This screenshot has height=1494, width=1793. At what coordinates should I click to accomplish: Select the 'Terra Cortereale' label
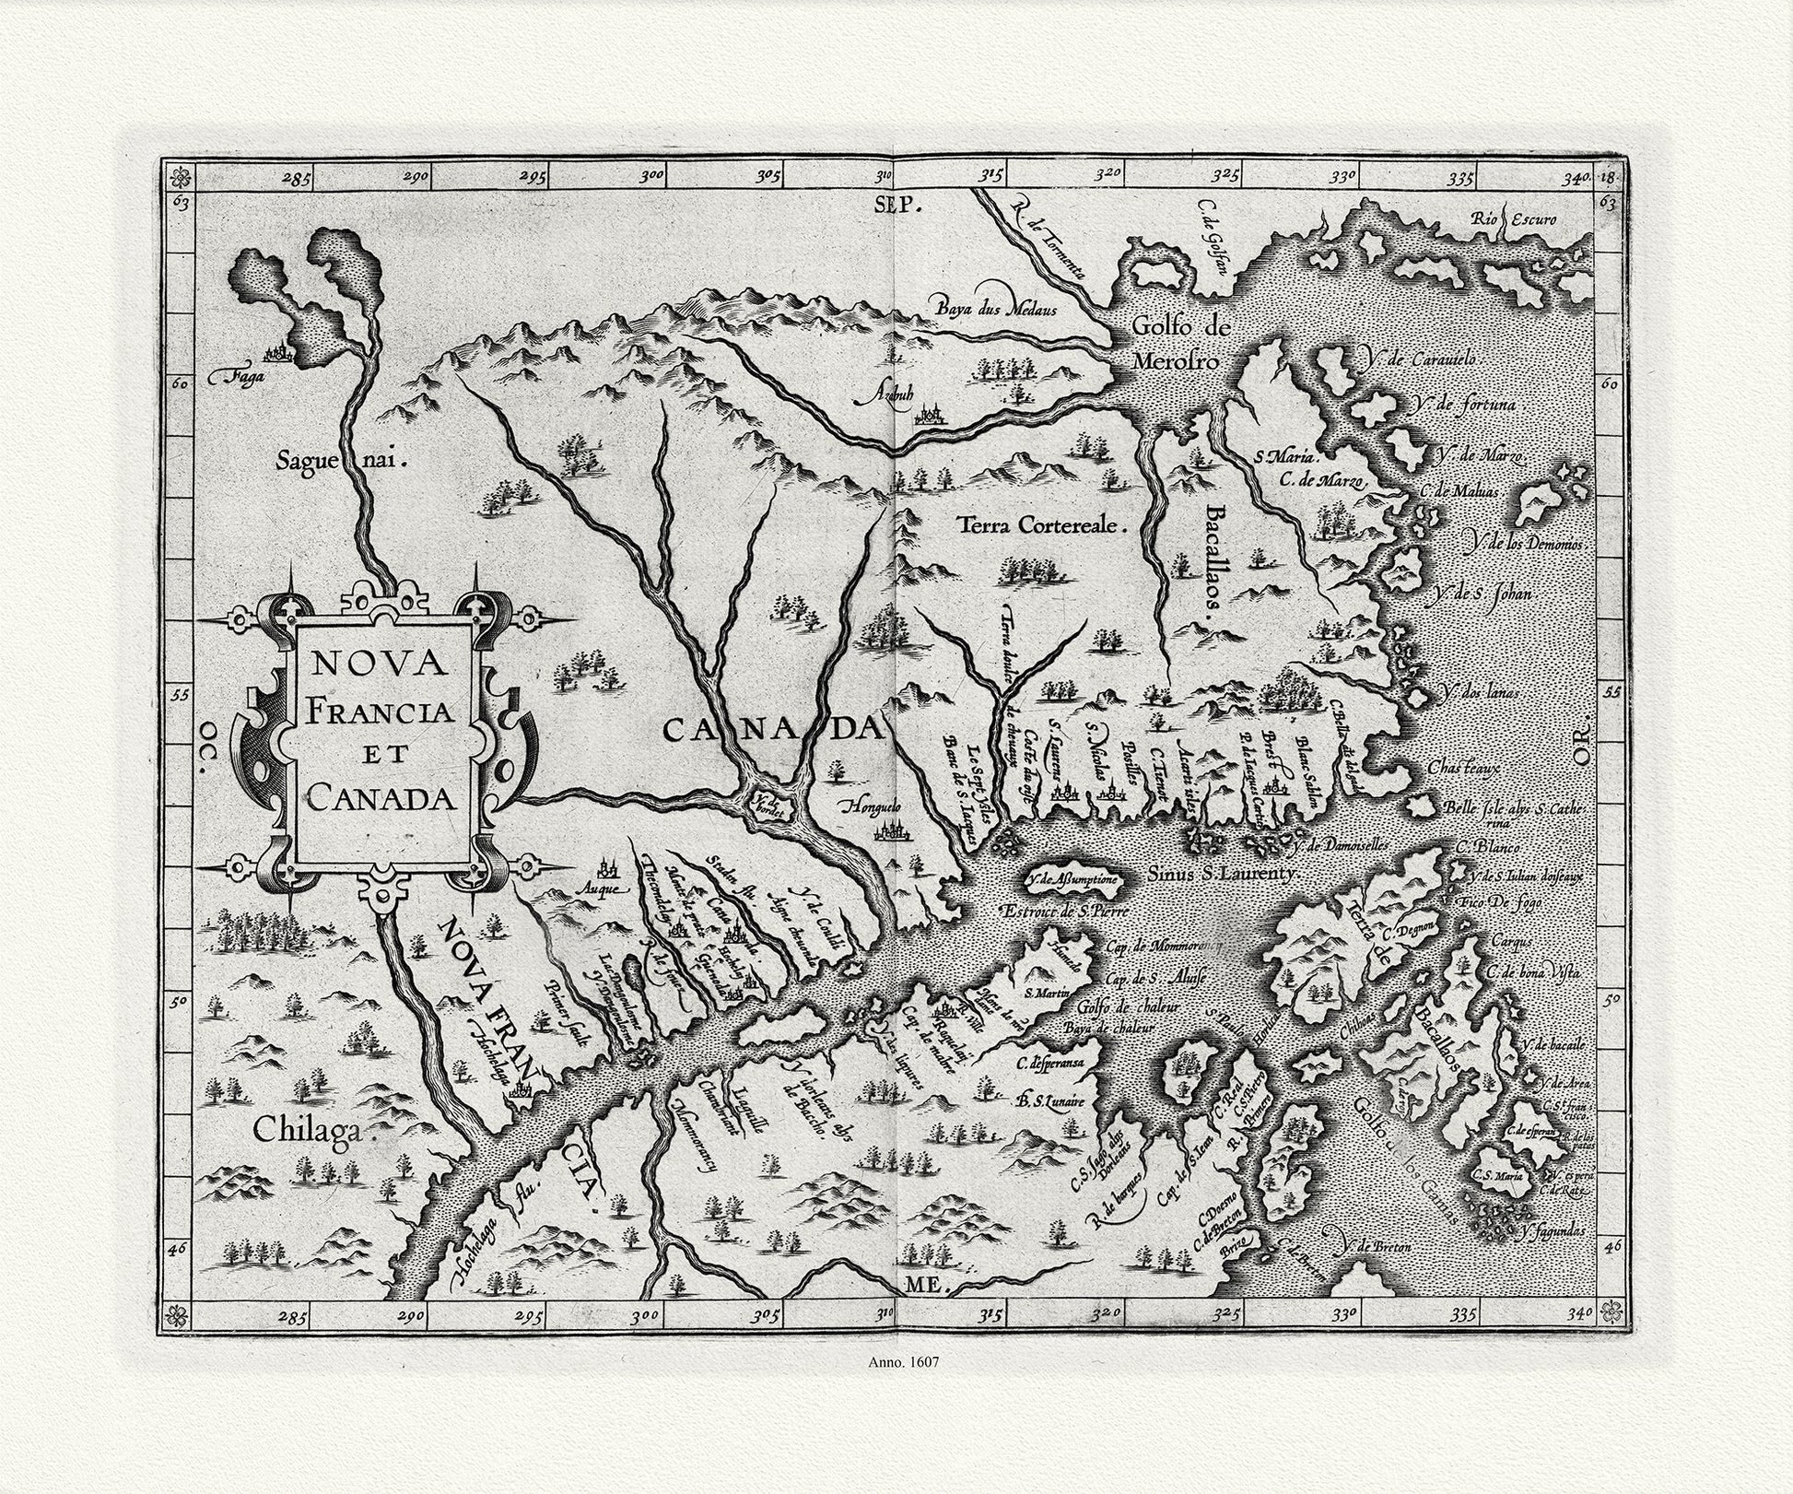(1043, 526)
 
